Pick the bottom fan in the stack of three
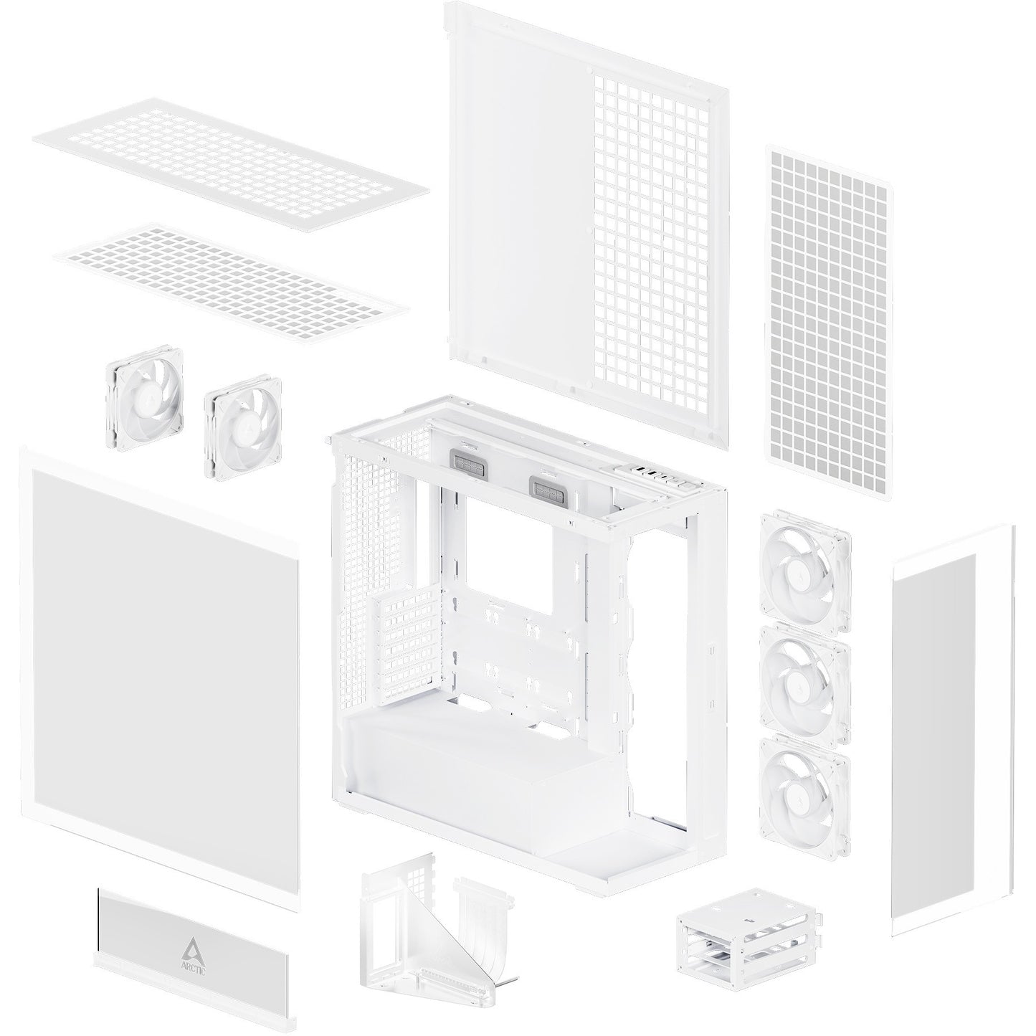804,798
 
